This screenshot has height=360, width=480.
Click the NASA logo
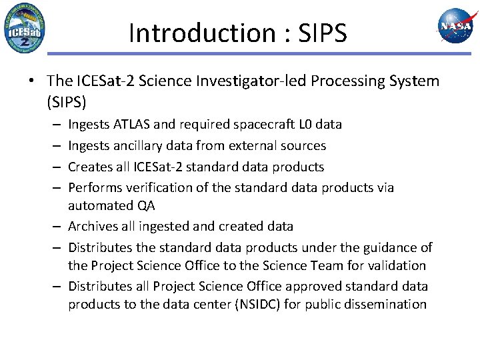[455, 27]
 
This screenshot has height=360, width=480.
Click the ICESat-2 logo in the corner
[25, 27]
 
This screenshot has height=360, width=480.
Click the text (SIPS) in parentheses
[67, 103]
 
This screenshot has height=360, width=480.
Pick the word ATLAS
[131, 124]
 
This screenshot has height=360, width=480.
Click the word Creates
[91, 167]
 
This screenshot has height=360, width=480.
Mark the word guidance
[389, 248]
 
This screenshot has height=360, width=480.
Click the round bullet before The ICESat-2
[31, 82]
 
